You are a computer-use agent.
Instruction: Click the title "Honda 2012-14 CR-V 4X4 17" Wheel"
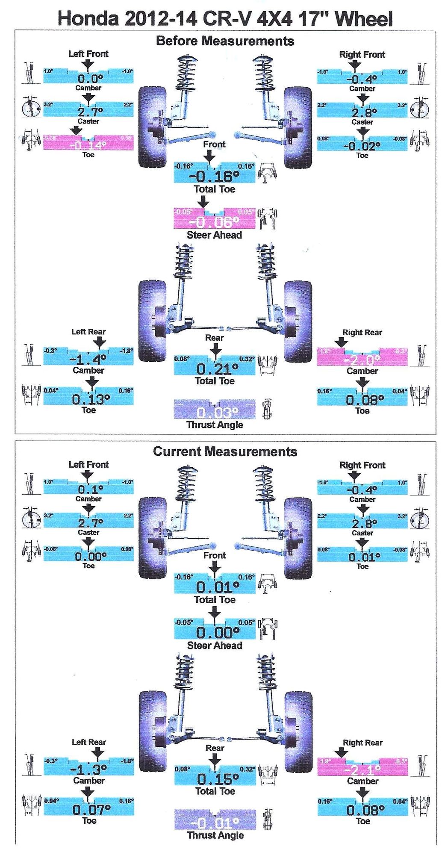click(225, 19)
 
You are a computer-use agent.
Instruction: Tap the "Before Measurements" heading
click(225, 41)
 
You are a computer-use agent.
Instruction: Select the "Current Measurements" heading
click(225, 451)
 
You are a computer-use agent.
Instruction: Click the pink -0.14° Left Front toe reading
click(88, 145)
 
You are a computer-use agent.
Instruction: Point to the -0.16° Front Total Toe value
click(214, 176)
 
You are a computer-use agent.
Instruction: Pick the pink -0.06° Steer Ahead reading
click(214, 221)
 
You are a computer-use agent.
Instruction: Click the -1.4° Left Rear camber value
click(88, 359)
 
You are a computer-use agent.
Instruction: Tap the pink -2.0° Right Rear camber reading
click(362, 360)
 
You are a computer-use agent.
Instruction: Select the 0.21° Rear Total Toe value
click(214, 369)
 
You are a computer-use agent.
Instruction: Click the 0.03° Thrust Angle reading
click(214, 413)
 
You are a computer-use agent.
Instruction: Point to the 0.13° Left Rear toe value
click(91, 399)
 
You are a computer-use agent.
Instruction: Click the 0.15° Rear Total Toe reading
click(215, 778)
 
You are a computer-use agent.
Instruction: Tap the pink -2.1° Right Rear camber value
click(362, 770)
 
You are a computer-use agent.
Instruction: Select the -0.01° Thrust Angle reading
click(215, 823)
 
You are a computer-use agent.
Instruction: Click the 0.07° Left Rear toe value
click(91, 809)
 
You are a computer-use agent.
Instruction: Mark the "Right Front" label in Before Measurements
click(362, 54)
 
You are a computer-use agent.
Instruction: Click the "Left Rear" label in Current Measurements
click(88, 742)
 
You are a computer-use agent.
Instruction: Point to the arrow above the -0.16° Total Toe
click(209, 157)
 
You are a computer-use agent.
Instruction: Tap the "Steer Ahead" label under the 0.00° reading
click(215, 646)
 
